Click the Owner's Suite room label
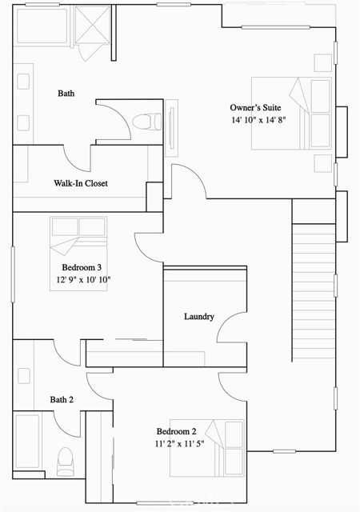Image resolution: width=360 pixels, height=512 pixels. coord(255,107)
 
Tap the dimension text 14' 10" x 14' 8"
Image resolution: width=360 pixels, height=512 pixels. coord(258,120)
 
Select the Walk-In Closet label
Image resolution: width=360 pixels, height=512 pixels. coord(81,183)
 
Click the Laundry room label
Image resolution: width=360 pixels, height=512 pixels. coord(199,317)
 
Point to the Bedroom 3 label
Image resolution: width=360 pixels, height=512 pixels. coord(82,267)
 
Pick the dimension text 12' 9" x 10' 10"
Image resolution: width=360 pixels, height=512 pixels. coord(84,279)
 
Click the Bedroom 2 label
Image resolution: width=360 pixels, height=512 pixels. coord(177,431)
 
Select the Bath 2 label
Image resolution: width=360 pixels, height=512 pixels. coord(62,399)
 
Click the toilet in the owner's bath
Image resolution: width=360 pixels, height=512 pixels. coord(147,121)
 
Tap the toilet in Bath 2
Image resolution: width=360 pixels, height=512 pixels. coord(65,461)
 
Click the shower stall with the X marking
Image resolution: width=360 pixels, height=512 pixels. coord(93,24)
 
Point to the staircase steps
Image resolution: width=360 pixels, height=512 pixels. coord(314,293)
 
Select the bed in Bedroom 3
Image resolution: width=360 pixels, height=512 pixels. coord(78,254)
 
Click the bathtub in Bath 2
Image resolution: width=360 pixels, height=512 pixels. coord(27,441)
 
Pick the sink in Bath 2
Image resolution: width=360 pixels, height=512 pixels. coord(24,376)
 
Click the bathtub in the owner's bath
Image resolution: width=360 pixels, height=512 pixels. coord(42,26)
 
